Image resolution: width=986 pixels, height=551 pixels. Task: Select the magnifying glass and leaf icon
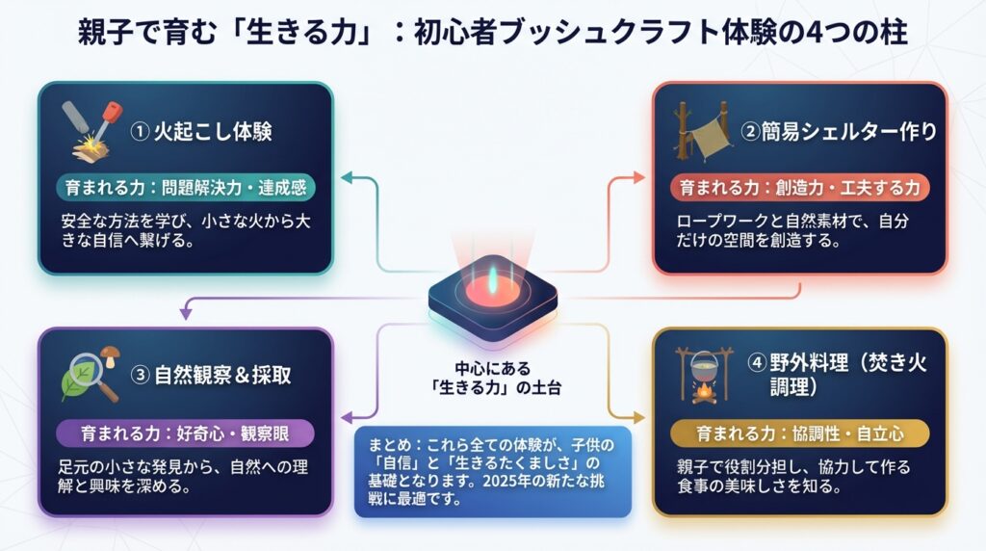pos(90,373)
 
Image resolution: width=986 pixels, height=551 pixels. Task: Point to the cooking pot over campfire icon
pos(704,375)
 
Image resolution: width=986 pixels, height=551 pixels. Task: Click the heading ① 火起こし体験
pos(201,131)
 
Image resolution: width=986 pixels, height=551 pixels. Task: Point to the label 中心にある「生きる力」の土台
pos(493,378)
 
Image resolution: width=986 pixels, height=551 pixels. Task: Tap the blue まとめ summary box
pos(493,471)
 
